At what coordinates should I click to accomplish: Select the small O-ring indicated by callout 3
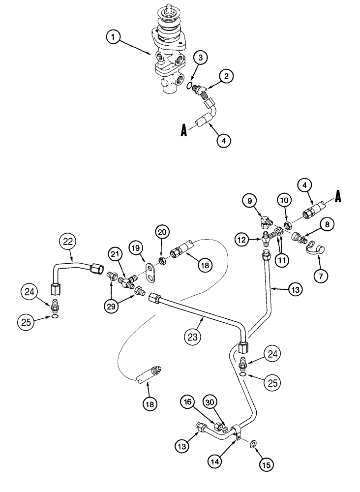tap(190, 87)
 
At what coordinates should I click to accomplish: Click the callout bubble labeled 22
tap(68, 242)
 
